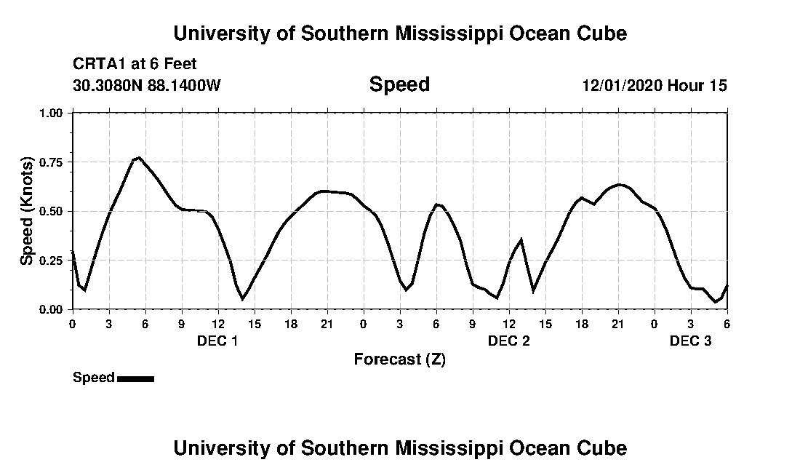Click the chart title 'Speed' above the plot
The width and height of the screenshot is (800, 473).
[399, 84]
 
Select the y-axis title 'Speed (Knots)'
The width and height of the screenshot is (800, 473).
[27, 211]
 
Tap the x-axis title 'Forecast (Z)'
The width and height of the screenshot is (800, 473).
[399, 359]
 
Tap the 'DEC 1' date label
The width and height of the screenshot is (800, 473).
[217, 341]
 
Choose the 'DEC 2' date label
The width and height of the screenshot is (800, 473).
[508, 341]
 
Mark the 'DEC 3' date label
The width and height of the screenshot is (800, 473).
[690, 341]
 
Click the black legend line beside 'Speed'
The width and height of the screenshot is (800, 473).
[135, 378]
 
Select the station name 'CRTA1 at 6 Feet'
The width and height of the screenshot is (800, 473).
[135, 64]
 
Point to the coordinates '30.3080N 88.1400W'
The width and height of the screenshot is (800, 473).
[146, 85]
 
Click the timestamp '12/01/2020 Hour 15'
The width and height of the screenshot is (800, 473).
[655, 85]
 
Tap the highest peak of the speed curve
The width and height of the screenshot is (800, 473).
[139, 157]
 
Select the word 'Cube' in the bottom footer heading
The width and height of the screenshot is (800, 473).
[604, 448]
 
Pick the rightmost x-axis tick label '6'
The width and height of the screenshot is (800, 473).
[727, 324]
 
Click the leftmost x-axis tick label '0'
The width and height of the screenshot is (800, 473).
[72, 324]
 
